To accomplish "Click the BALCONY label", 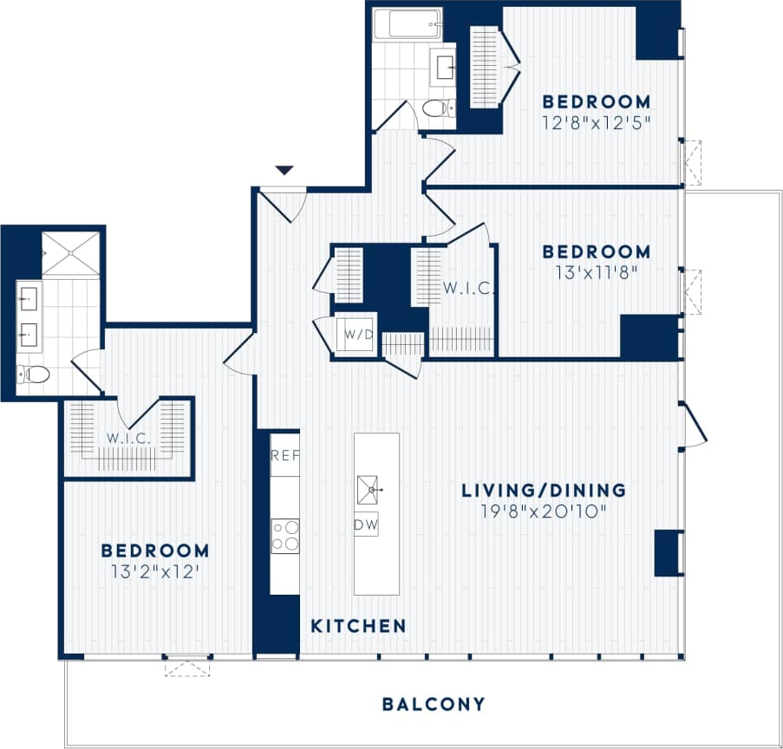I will (x=434, y=704).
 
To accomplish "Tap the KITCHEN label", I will (x=358, y=625).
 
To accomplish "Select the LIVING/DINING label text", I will (x=543, y=491).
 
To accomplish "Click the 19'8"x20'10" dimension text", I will (x=543, y=511).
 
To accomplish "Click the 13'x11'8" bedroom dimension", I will (x=596, y=271).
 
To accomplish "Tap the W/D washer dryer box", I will (x=355, y=334).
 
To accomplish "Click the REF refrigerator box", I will (x=284, y=454).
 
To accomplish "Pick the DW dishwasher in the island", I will (x=366, y=524).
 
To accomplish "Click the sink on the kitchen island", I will (x=371, y=490).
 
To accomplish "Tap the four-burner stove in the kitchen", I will (x=284, y=535).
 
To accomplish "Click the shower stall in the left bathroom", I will (x=71, y=253).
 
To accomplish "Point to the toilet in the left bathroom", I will (x=33, y=374).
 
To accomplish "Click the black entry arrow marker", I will (x=284, y=171).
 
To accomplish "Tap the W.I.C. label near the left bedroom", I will (x=129, y=439).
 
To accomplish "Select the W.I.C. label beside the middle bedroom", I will (x=468, y=288).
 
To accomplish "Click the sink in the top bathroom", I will (x=446, y=66).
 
